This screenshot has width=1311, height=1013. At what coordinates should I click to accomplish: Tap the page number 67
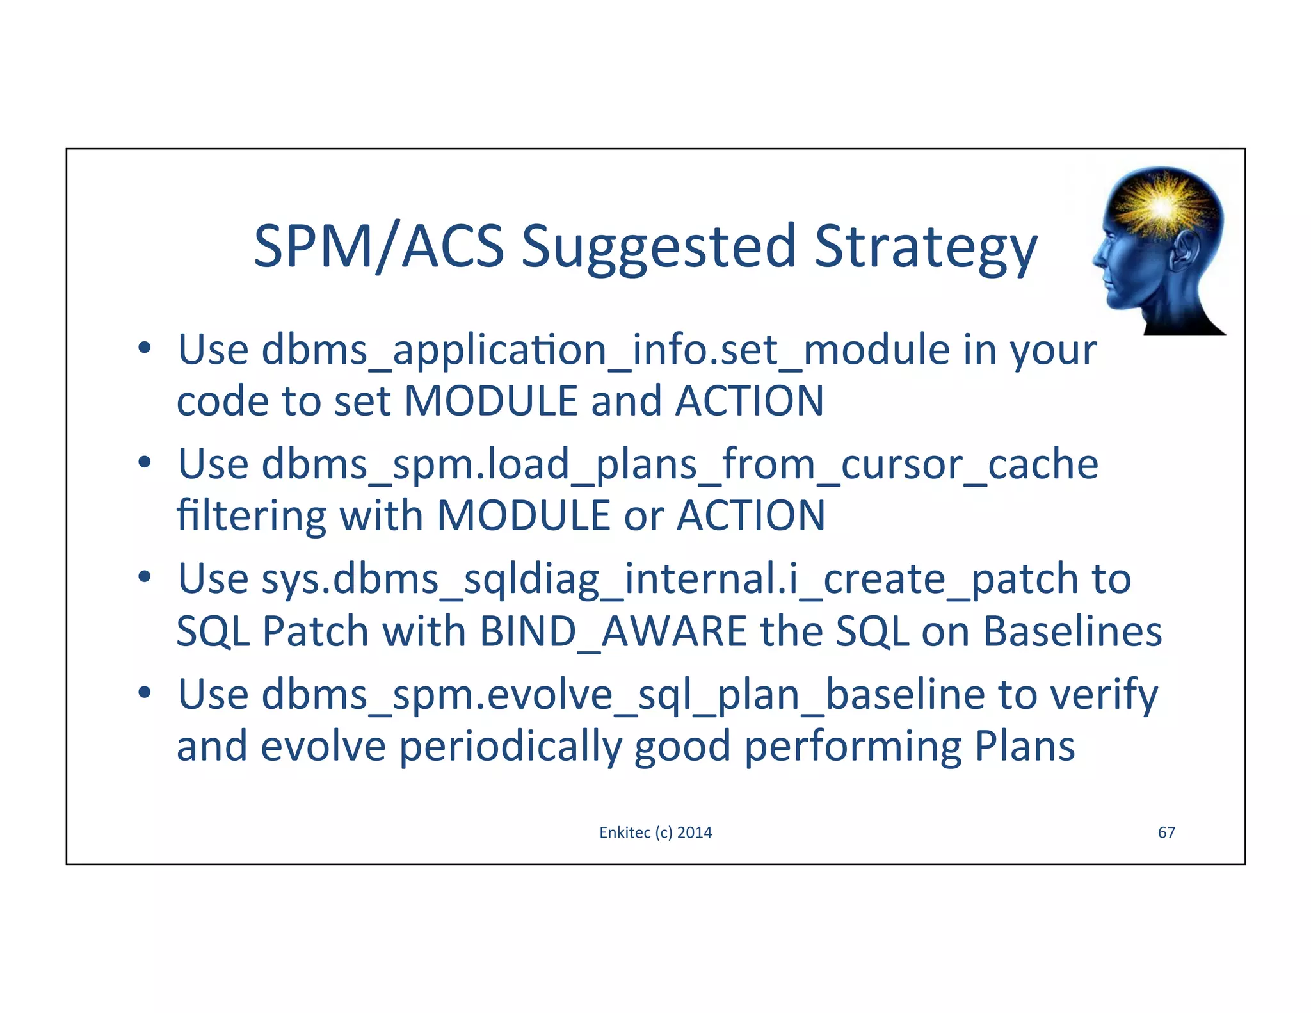1166,832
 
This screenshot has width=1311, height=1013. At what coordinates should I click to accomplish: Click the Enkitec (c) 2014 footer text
655,832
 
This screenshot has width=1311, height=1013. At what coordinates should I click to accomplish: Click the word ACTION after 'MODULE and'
750,401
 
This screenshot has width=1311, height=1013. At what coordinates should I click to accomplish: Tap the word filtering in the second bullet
251,516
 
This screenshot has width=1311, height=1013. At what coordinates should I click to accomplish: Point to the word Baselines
1072,631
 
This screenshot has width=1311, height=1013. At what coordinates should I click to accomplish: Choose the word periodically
510,747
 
